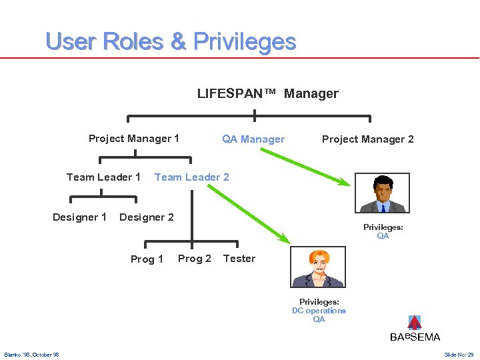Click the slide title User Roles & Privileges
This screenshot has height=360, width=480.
point(171,41)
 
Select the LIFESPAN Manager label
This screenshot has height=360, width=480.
point(267,94)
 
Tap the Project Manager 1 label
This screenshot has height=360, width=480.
point(133,139)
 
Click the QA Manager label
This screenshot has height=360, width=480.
point(253,139)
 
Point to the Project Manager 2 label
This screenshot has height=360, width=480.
point(367,139)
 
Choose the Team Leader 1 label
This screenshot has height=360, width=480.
point(103,177)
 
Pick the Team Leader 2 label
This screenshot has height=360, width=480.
point(191,177)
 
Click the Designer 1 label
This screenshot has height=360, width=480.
point(79,217)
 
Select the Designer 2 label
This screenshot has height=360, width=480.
point(146,217)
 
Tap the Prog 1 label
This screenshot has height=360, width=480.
point(147,259)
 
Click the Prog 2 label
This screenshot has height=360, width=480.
point(194,259)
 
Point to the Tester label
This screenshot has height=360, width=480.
point(239,259)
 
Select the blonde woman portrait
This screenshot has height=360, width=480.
point(317,267)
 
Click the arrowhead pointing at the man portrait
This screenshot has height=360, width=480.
point(343,183)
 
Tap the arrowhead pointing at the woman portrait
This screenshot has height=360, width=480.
point(285,239)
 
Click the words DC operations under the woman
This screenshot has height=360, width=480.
point(319,311)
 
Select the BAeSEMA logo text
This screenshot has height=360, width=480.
point(415,337)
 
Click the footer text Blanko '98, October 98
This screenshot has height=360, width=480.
point(31,355)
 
